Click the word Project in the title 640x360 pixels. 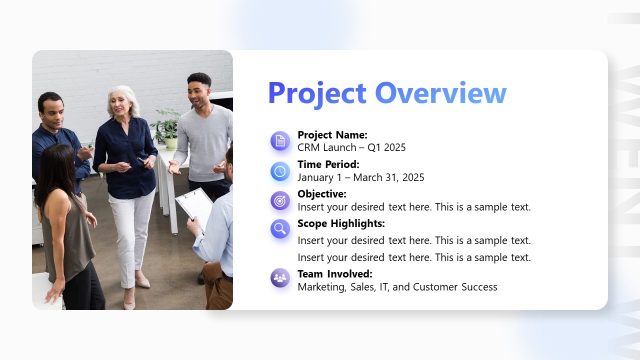coord(317,93)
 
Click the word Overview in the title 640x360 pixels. coord(440,93)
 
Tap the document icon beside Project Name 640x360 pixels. coord(280,141)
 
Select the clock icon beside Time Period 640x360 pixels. coord(280,171)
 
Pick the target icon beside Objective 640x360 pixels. coord(280,200)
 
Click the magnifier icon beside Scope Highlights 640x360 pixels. coord(280,229)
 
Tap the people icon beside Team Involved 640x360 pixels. coord(280,278)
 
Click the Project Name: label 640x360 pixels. coord(332,134)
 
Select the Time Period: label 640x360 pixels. coord(328,164)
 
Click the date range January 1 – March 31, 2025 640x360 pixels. coord(361,177)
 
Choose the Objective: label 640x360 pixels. coord(322,193)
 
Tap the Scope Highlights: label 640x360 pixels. coord(341,223)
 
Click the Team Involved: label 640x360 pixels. coord(335,273)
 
